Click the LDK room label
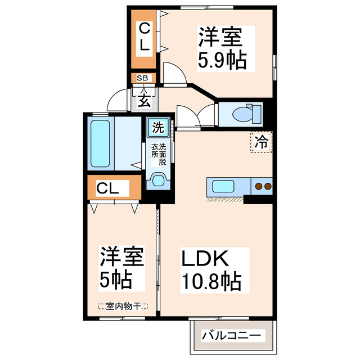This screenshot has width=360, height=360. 204,259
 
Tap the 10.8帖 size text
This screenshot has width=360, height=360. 211,281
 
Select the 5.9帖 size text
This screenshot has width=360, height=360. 221,59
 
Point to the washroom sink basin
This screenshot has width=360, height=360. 158,181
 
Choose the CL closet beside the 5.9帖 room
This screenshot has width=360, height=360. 145,37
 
